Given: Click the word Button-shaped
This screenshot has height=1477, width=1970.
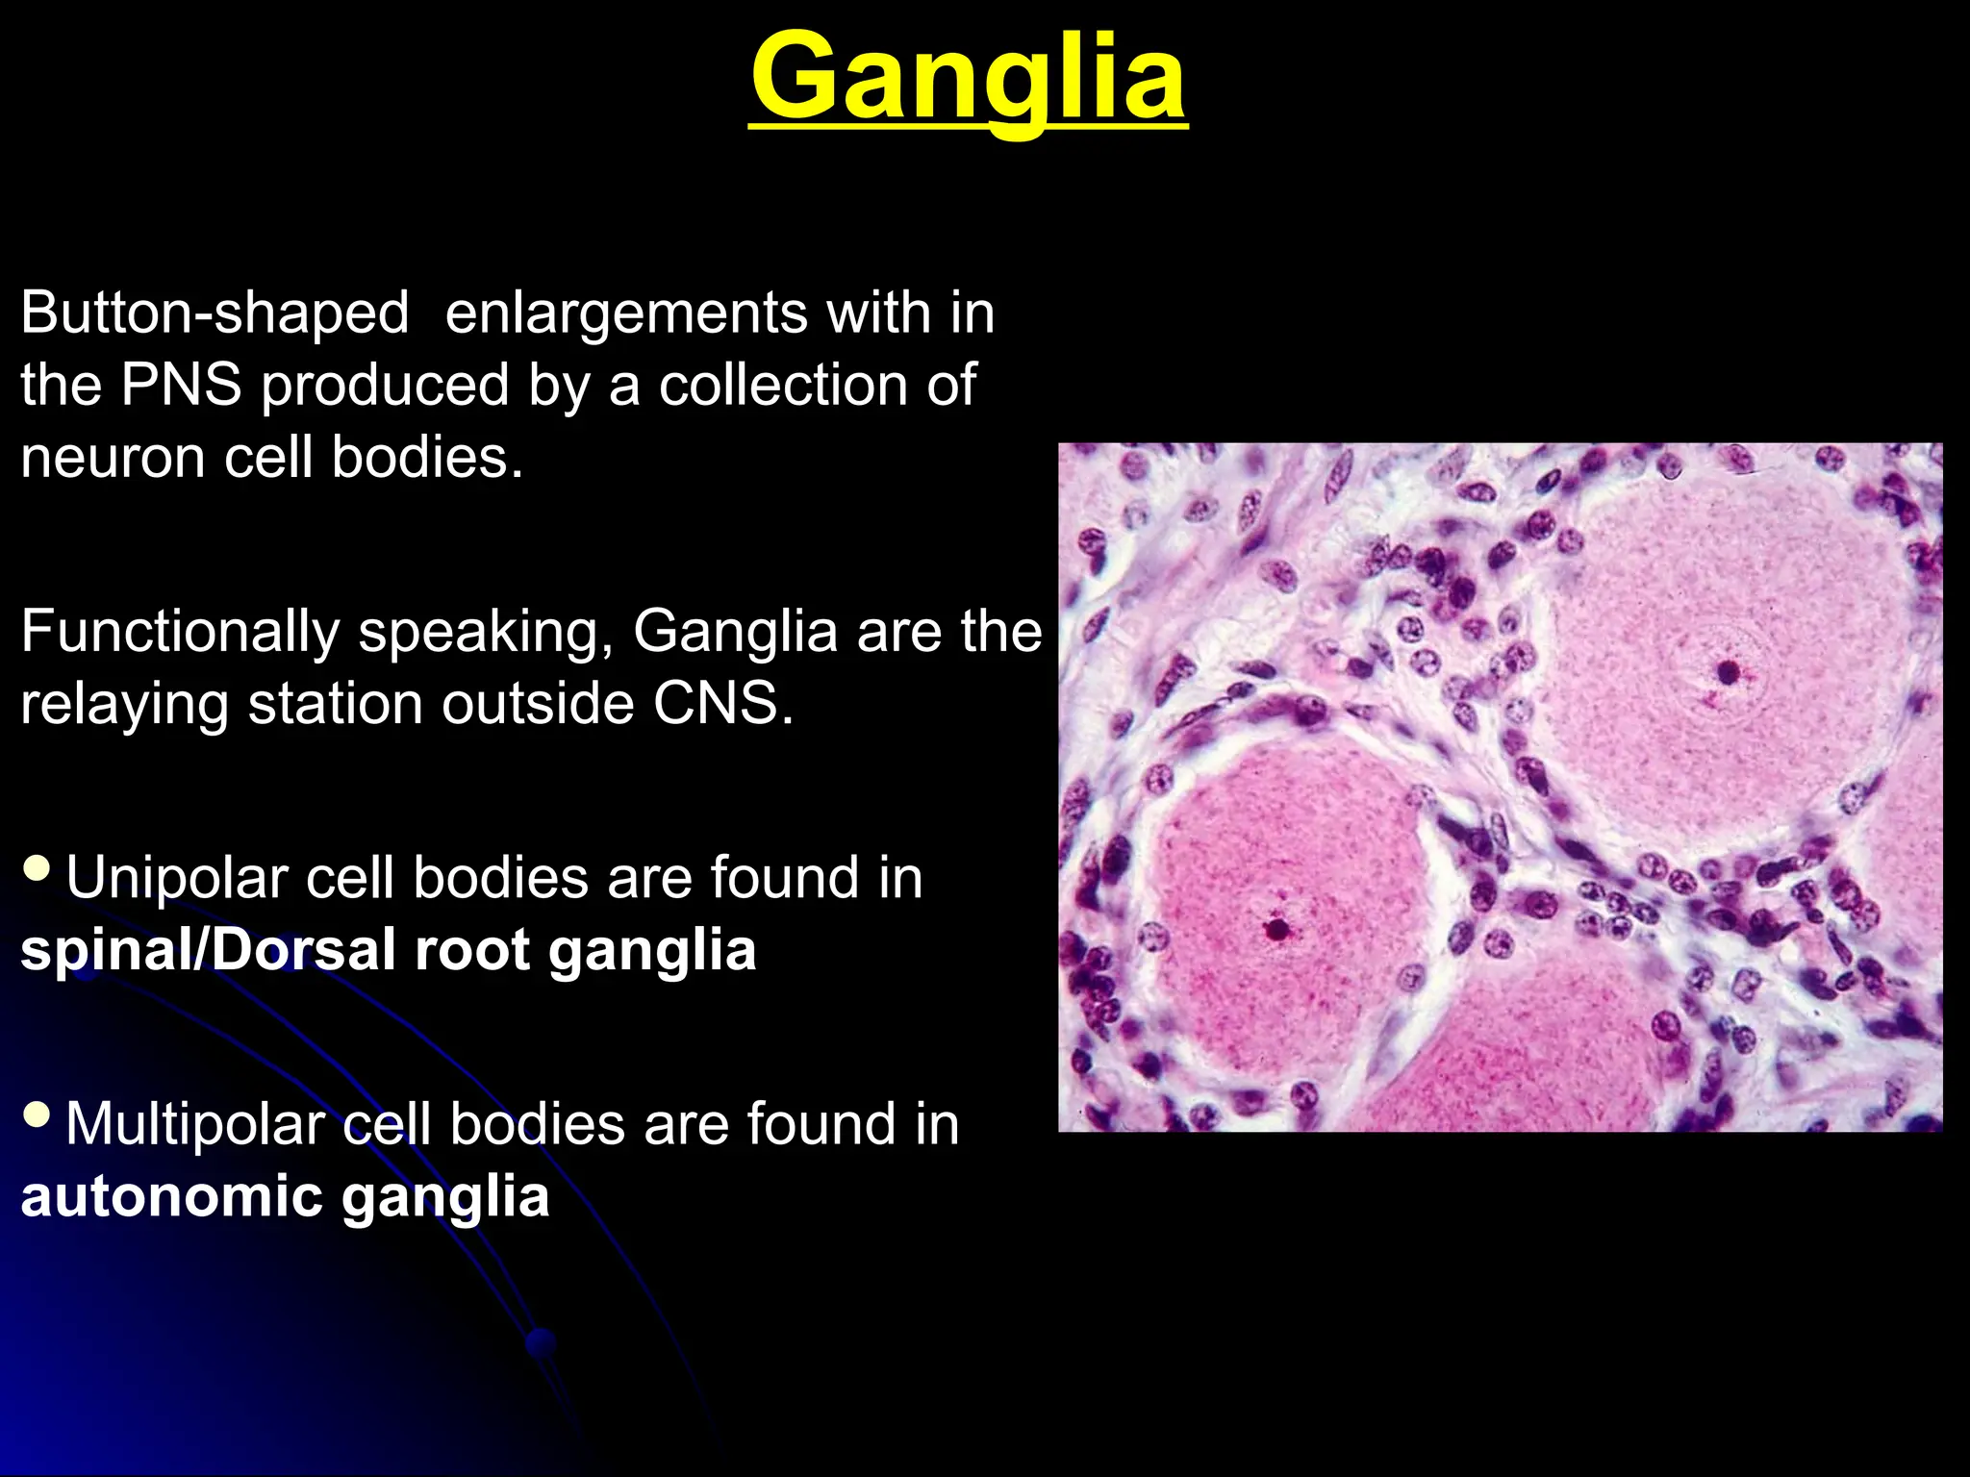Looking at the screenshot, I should coord(215,313).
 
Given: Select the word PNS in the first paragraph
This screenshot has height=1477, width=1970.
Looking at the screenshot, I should coord(180,386).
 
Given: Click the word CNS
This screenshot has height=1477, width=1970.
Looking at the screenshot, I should coord(723,704).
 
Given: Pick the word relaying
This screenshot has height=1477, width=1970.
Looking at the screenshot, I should coord(124,706).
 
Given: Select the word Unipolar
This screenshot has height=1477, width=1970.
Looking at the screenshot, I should coord(176,879).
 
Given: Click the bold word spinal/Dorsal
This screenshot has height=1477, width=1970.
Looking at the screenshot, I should coord(207,951).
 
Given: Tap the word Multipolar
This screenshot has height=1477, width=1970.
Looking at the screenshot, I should coord(195,1125).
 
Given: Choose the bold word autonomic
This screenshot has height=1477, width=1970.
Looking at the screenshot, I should coord(171,1197).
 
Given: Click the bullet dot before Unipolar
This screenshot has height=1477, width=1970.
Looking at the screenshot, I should coord(37,868).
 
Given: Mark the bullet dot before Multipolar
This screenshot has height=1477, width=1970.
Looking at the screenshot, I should coord(37,1114).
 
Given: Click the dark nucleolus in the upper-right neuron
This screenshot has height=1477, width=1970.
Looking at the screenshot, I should coord(1729,671).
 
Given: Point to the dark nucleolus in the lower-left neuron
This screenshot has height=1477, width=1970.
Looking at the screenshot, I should coord(1276,929).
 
